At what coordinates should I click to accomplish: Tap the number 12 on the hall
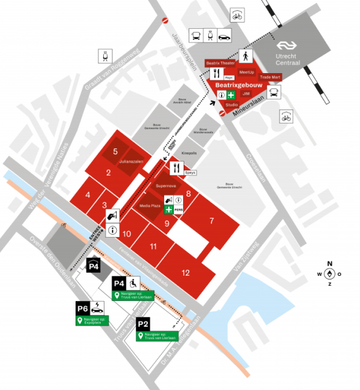coord(186,272)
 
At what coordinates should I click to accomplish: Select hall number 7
coord(211,220)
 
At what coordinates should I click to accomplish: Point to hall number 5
coord(115,151)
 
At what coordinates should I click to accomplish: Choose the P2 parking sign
coord(143,324)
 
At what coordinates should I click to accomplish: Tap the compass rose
coord(330,273)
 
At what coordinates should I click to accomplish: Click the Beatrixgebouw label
coord(234,84)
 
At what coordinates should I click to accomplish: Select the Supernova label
coord(166,184)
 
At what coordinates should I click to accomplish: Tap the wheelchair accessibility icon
coord(134,283)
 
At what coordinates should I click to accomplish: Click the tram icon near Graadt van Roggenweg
coord(106,56)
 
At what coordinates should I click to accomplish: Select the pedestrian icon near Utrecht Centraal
coord(245,57)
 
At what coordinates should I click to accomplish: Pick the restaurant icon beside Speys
coord(176,167)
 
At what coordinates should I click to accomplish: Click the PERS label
coord(179,210)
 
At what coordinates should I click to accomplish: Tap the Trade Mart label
coord(270,77)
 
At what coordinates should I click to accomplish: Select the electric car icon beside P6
coord(97,308)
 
